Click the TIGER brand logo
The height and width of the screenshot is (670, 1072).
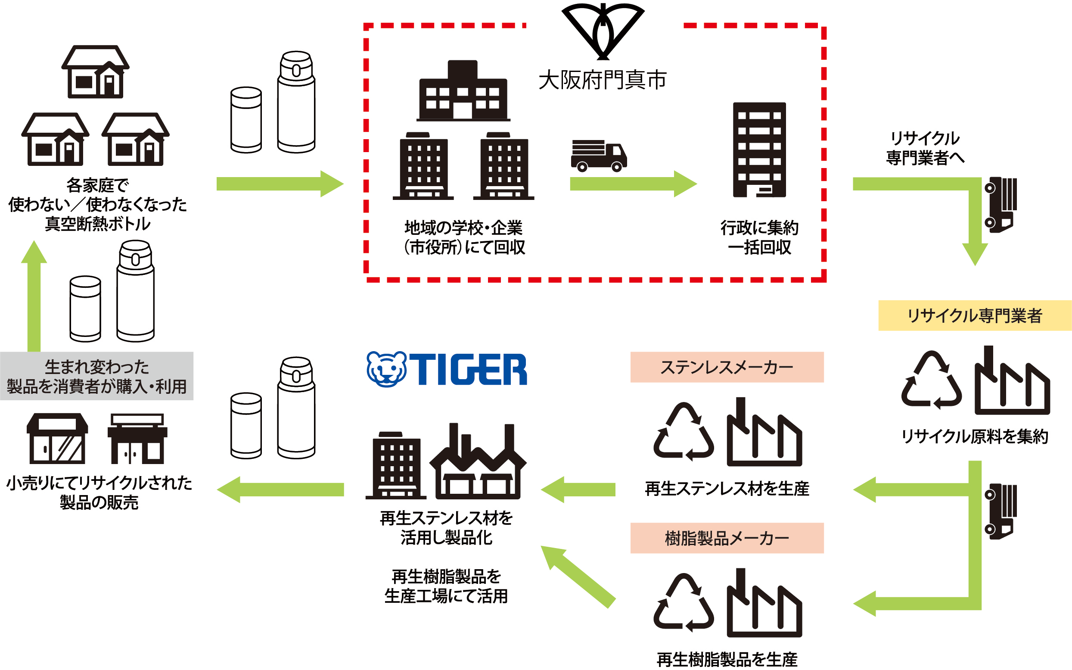(x=447, y=369)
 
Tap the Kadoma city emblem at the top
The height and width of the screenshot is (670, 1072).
(x=603, y=31)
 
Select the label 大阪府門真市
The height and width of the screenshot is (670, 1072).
(x=603, y=81)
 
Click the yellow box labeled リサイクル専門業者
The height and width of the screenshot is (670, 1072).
(x=975, y=315)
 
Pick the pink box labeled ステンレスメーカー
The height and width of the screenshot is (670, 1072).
(x=727, y=367)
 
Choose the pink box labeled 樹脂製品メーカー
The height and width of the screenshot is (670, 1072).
(x=727, y=538)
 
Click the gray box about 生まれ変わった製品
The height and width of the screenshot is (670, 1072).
(x=96, y=376)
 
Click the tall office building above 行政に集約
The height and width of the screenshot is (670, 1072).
(x=759, y=150)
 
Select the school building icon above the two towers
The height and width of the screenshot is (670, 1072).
(x=463, y=91)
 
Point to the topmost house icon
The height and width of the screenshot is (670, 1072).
(x=95, y=72)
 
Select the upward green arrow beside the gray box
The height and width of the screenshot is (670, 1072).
(x=34, y=297)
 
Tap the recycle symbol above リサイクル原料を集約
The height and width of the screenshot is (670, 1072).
(x=931, y=380)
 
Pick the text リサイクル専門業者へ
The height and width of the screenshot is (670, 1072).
(x=925, y=148)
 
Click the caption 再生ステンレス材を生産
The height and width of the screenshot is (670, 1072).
(x=727, y=489)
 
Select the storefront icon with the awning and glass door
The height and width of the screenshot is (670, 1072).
(x=57, y=439)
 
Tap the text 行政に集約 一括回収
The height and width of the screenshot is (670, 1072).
(x=759, y=237)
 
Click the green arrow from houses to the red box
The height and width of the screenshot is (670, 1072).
(x=279, y=184)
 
